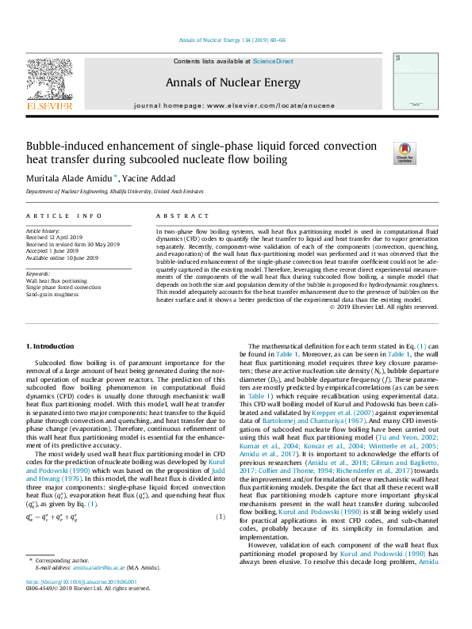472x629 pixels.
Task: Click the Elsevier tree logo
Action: coord(50,82)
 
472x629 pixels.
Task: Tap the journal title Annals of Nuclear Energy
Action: coord(233,82)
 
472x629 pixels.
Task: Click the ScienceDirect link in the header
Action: coord(273,61)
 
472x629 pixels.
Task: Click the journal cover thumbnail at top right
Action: coord(416,83)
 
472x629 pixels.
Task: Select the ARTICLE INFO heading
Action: coord(64,215)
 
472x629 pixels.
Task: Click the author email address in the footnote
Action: coord(101,589)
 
